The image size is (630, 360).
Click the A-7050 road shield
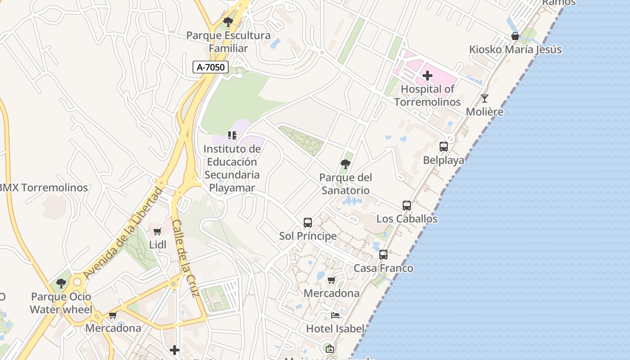(x=211, y=67)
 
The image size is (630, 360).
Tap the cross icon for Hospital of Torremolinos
(x=427, y=76)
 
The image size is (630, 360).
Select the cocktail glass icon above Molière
(x=485, y=99)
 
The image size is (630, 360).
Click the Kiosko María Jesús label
(x=515, y=49)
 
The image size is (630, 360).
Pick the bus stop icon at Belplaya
(x=444, y=147)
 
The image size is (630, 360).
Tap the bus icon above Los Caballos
(x=407, y=206)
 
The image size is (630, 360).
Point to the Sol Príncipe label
(x=308, y=236)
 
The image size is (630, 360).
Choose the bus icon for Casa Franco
(x=383, y=255)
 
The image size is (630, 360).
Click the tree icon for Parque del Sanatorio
(x=346, y=164)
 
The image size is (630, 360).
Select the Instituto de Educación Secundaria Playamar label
(x=232, y=168)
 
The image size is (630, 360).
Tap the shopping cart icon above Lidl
(x=157, y=232)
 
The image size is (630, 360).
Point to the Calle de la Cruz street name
(x=185, y=259)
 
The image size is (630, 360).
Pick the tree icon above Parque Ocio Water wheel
(x=61, y=284)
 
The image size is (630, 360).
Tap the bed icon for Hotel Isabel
(x=335, y=315)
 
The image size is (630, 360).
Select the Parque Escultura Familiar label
(x=229, y=42)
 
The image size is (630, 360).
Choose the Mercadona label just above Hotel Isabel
(x=332, y=293)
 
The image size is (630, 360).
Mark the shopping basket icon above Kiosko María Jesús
(x=515, y=36)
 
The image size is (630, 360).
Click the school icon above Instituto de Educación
(x=232, y=135)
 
